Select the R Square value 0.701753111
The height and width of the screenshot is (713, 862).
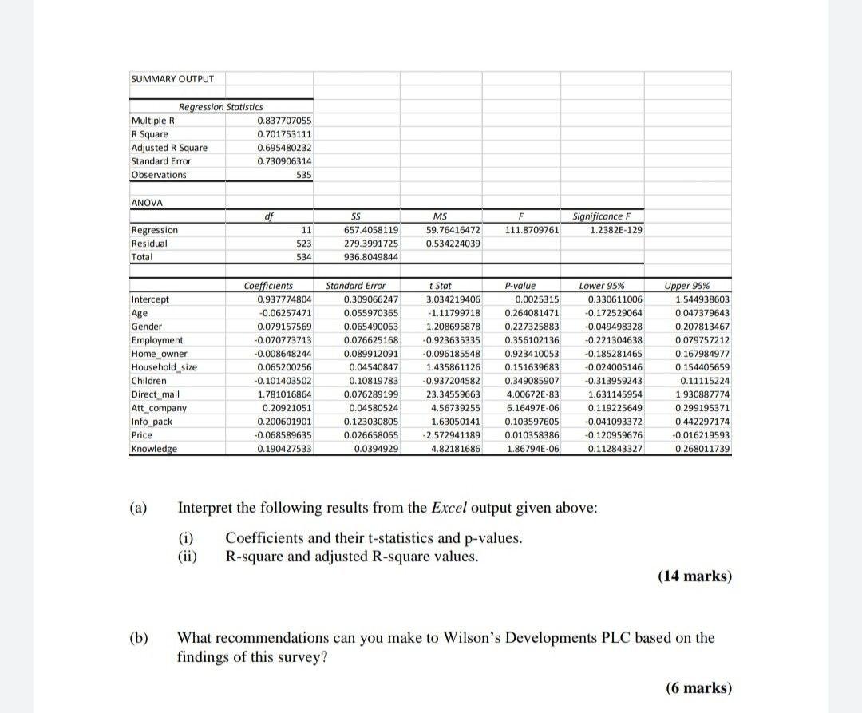pos(284,133)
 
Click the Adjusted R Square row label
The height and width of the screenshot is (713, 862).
pos(168,147)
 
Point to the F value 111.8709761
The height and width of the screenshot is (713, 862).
pos(532,230)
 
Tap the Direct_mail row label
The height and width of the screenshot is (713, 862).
pos(156,394)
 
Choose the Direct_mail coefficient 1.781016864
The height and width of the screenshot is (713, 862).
pos(283,394)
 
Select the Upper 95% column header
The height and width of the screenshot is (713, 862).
pos(686,286)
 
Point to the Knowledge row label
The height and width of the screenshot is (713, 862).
pos(155,449)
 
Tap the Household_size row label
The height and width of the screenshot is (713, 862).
pos(163,367)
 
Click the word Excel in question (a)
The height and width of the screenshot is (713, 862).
pos(449,508)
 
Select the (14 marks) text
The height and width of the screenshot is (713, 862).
pos(694,576)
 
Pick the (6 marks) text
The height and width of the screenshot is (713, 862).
pos(698,688)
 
